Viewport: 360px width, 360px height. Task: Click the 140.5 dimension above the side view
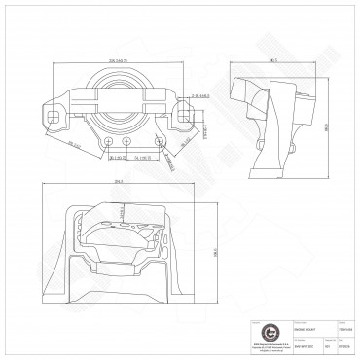[273, 61]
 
